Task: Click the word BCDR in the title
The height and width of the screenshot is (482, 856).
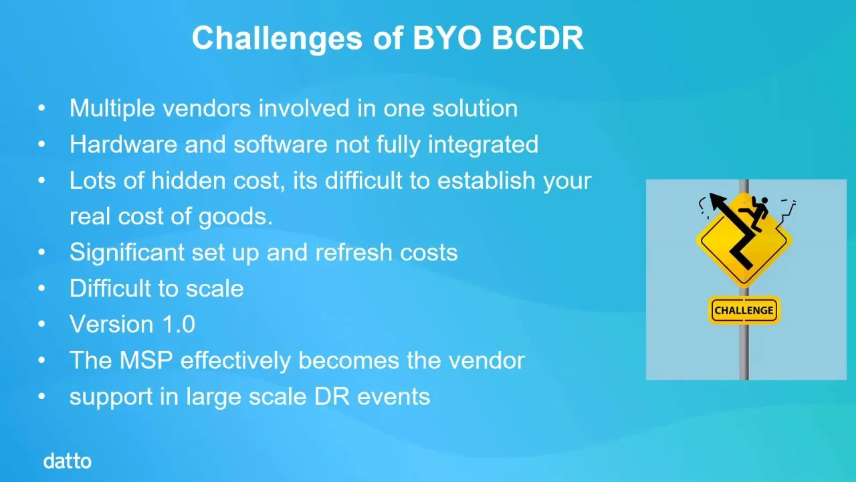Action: (537, 38)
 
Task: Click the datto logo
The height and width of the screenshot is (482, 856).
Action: (68, 461)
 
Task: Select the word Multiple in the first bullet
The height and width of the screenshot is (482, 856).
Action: (112, 108)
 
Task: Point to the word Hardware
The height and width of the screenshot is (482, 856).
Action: (124, 144)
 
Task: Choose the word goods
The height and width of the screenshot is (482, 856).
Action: (235, 217)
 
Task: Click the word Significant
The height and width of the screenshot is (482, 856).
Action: (127, 253)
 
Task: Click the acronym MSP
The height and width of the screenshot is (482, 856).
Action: (146, 360)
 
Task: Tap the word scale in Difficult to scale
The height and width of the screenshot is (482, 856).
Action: (215, 289)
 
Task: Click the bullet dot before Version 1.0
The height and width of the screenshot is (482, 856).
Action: (41, 325)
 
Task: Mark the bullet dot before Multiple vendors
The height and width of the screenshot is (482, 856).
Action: (41, 108)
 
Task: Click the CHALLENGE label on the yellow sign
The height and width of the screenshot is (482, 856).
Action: (744, 310)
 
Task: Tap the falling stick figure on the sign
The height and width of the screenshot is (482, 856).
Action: (754, 213)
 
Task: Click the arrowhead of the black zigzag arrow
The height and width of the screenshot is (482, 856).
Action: (718, 200)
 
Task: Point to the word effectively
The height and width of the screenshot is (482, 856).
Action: (235, 360)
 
